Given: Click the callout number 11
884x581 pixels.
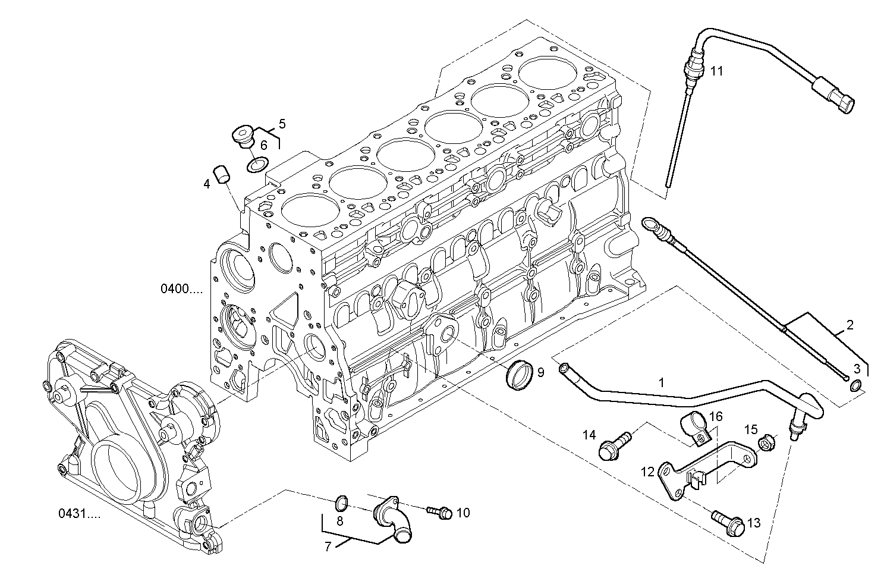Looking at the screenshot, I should (x=717, y=71).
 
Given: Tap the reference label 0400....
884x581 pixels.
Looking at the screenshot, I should (x=181, y=290).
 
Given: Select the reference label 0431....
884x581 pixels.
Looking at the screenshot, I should (x=79, y=513).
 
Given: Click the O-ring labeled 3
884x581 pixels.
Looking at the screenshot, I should (x=855, y=387).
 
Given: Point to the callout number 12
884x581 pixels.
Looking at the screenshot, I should (x=647, y=472).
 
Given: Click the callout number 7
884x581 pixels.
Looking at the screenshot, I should (x=328, y=547).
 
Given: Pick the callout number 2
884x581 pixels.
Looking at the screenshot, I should (x=850, y=325).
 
